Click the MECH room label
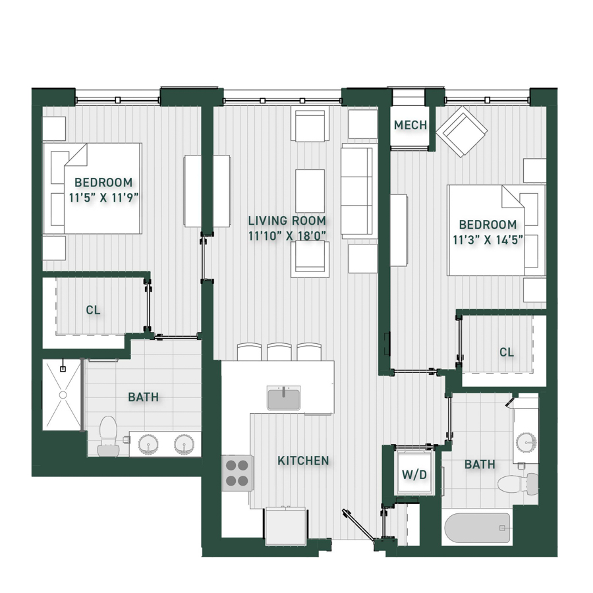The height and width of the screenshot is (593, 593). click(410, 125)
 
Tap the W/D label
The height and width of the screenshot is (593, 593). click(414, 474)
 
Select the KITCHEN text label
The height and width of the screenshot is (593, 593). click(303, 461)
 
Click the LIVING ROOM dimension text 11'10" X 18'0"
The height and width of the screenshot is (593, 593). click(287, 236)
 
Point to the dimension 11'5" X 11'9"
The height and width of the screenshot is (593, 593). click(103, 198)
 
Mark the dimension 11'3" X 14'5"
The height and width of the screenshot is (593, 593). click(488, 240)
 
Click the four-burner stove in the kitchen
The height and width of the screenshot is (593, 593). click(237, 472)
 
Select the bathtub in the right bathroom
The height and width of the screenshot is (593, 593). click(477, 528)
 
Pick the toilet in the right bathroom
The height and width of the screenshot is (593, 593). click(518, 484)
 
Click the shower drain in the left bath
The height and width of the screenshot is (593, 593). click(63, 395)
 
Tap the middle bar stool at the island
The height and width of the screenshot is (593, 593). click(279, 352)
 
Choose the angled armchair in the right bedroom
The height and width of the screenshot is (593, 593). click(462, 131)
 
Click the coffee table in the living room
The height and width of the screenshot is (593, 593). click(310, 191)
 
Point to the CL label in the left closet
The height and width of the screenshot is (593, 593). click(94, 310)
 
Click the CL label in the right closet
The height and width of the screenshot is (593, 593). click(507, 352)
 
